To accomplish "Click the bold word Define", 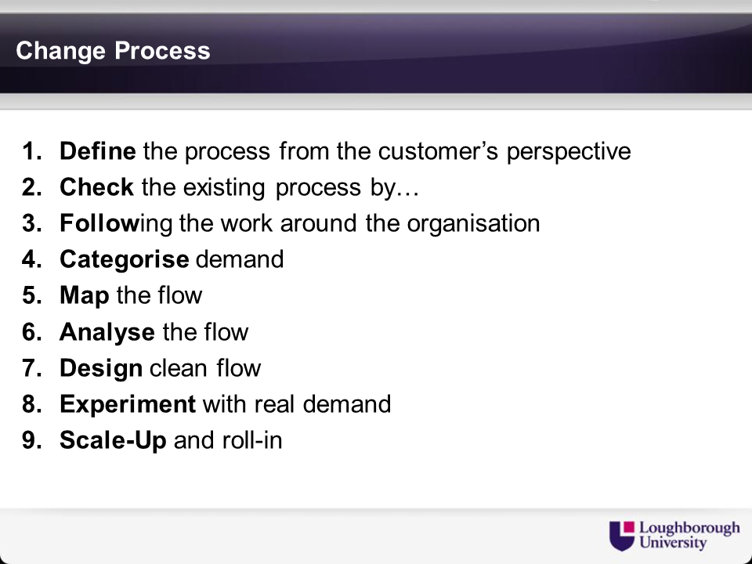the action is coord(98,151).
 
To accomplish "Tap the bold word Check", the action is coord(96,187).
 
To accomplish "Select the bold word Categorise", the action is coord(125,260).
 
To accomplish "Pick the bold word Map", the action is coord(85,296).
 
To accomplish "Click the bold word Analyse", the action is coord(107,333).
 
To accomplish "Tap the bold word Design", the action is coord(101,369).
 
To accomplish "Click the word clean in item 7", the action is coord(178,368).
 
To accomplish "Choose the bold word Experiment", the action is coord(128,405).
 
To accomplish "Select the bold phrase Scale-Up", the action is coord(113,441).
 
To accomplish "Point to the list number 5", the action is coord(31,295).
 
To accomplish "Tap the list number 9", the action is coord(31,440).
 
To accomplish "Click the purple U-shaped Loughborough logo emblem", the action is coord(621,536).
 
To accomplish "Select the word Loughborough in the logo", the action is coord(689,529).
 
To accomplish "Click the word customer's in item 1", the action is coord(438,151).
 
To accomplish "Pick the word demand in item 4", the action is coord(240,259).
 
